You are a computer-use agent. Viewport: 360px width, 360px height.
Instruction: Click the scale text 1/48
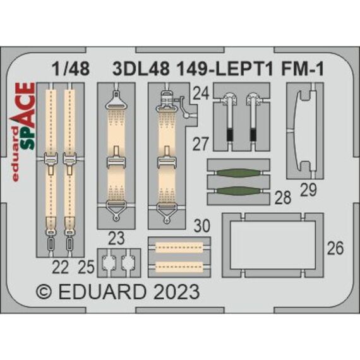point(71,69)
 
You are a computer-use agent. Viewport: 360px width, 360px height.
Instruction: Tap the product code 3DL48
point(141,69)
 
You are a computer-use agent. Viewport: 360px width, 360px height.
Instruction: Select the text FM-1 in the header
point(303,69)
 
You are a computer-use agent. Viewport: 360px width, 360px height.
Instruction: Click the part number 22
point(61,268)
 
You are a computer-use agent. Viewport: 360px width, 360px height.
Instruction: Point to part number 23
point(116,238)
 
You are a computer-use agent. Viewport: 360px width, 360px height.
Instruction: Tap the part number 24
point(201,93)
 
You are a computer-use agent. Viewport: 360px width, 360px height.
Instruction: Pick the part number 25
point(86,267)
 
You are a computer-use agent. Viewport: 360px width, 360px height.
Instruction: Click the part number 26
point(335,248)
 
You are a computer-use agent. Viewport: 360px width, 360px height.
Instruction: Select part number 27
point(201,144)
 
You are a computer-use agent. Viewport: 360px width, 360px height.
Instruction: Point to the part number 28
point(283,197)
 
